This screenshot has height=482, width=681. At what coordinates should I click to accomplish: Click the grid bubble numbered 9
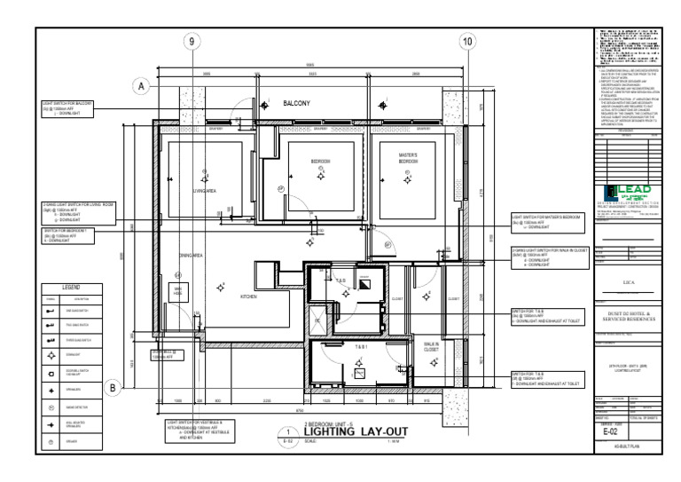pos(192,42)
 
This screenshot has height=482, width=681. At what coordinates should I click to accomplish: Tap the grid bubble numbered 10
pos(467,42)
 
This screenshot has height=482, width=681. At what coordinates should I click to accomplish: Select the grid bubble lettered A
pos(140,86)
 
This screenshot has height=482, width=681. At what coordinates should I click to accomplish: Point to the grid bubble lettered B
pos(113,387)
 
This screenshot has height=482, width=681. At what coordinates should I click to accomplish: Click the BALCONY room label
pos(296,104)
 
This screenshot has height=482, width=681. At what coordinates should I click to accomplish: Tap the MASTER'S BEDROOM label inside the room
pos(407,160)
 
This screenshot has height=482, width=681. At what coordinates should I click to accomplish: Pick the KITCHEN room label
pos(248,296)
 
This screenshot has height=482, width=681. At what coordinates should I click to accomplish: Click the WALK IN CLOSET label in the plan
pos(432,347)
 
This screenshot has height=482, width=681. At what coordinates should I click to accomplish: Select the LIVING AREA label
pos(205,191)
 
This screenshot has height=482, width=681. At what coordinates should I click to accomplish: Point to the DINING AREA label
pos(192,257)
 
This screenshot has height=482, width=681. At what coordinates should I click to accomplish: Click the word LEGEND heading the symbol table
pos(70,288)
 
